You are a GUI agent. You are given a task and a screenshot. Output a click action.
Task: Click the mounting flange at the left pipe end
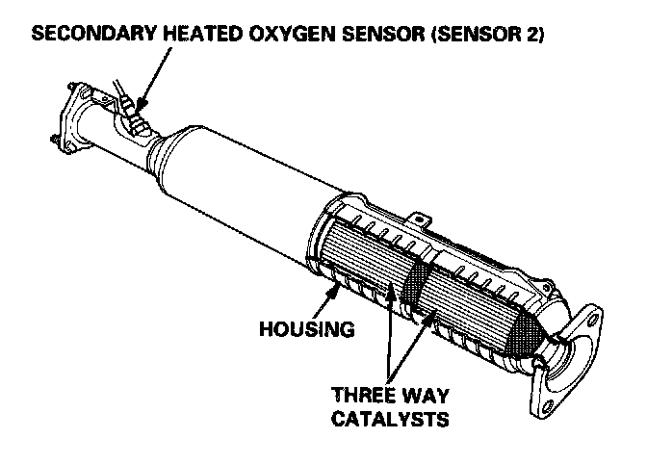[68, 119]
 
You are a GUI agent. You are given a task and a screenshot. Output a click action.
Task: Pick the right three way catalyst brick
[472, 298]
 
